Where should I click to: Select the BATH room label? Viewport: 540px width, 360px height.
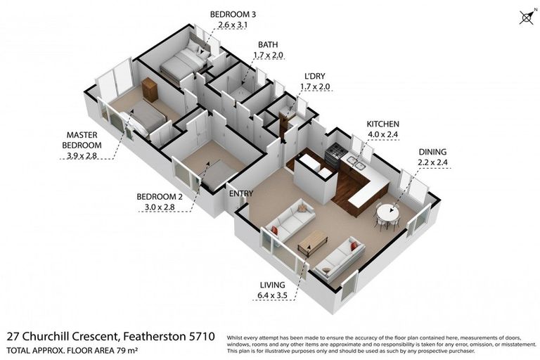[x=268, y=44]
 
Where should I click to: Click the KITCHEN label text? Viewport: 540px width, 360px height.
[x=382, y=124]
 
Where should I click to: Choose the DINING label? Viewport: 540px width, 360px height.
[x=432, y=151]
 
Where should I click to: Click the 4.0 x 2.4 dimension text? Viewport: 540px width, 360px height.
[x=382, y=134]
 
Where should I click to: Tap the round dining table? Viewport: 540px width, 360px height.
[x=386, y=211]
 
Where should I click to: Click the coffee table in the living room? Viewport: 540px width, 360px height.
[x=312, y=241]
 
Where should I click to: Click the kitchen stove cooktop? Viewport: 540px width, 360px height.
[x=336, y=153]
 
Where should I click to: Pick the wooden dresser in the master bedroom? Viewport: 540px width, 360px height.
[x=150, y=89]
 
